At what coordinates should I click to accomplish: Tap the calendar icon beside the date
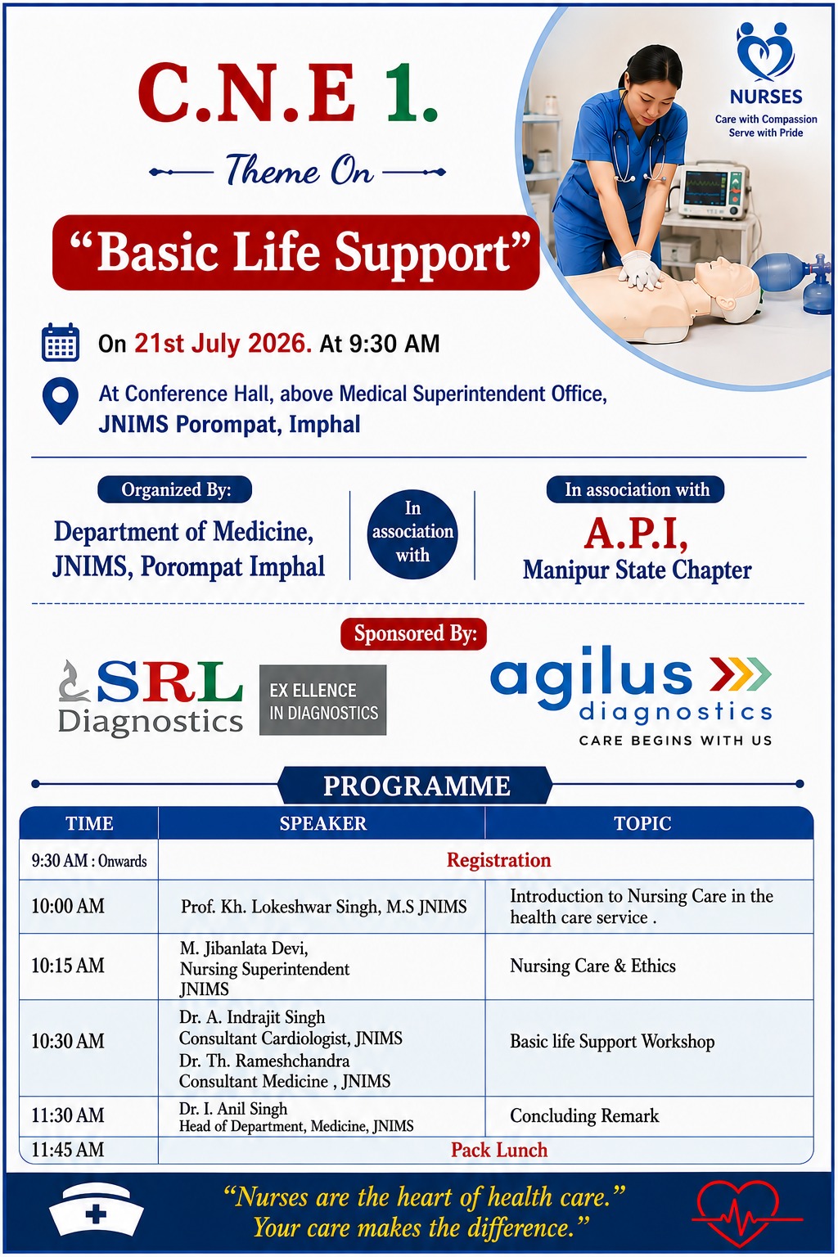[60, 342]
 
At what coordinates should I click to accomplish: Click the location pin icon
[60, 400]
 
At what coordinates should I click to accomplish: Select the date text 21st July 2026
[223, 343]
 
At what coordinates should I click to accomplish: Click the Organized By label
[175, 490]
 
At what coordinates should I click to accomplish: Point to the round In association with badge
[412, 534]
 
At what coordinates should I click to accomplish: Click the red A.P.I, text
[636, 534]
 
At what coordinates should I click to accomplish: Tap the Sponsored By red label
[413, 634]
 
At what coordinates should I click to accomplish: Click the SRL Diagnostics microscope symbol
[74, 681]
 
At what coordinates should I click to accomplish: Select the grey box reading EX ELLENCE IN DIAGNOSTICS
[322, 701]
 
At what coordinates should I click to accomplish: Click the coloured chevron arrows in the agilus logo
[741, 673]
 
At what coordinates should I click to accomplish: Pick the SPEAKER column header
[322, 823]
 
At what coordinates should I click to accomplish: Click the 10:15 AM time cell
[68, 966]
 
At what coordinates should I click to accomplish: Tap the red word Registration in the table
[499, 860]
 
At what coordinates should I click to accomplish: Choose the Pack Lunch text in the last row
[499, 1150]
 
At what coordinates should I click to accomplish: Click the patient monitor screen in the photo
[705, 188]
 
